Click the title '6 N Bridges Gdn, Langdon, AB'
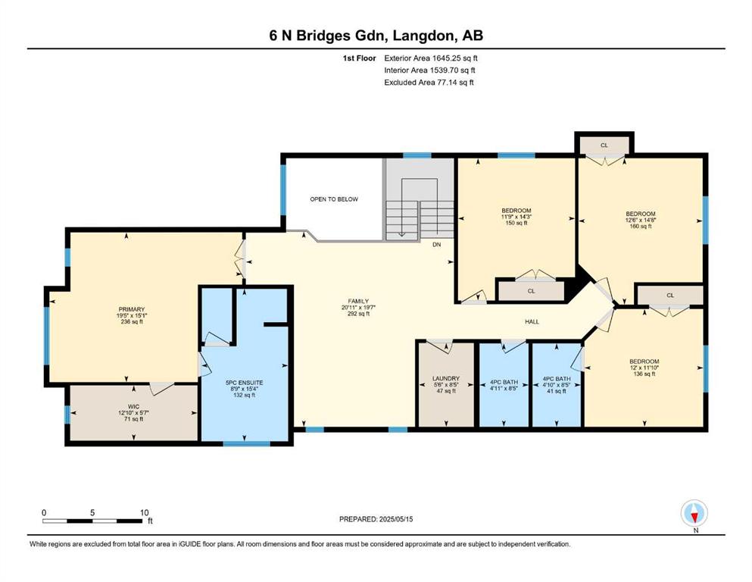coord(376,36)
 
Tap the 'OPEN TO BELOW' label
coord(334,199)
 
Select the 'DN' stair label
coord(436,245)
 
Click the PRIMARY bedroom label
coord(132,316)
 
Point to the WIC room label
coord(134,413)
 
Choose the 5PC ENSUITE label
coord(244,389)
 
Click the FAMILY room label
coord(358,308)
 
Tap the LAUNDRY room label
coord(446,385)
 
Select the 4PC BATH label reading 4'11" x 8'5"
coord(504,385)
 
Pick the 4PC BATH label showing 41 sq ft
coord(557,385)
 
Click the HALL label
coord(532,322)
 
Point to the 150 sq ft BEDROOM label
coord(516,217)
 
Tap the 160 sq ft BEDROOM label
coord(641,220)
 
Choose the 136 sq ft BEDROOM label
coord(644,368)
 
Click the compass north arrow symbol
coord(694,513)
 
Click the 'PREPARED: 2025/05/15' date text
coord(376,519)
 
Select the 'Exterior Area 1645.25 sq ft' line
coord(431,58)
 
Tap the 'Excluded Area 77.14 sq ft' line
coord(429,83)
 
